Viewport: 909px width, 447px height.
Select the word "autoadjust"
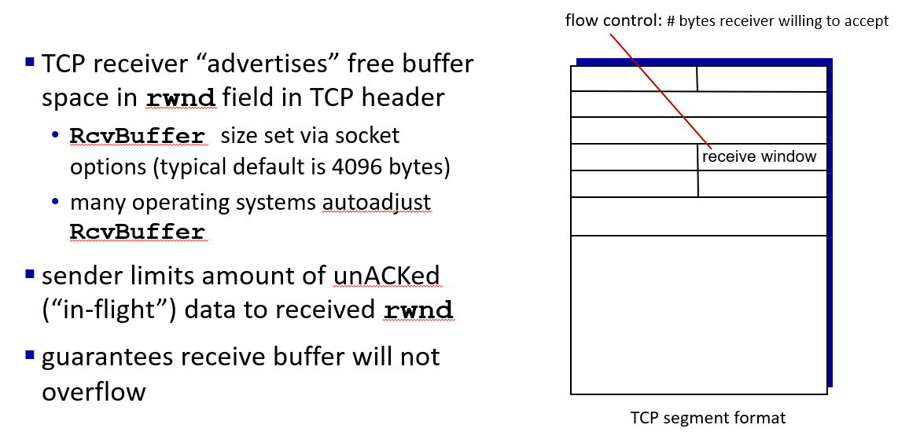click(x=377, y=202)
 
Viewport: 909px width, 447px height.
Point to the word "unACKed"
click(x=387, y=276)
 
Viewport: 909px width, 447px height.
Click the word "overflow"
click(x=94, y=391)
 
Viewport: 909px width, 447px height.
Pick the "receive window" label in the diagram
click(x=759, y=156)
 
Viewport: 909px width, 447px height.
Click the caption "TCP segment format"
click(x=708, y=418)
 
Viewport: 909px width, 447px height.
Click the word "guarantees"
click(x=107, y=357)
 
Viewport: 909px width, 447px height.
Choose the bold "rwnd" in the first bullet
click(x=181, y=97)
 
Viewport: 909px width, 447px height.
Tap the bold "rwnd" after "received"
click(x=418, y=310)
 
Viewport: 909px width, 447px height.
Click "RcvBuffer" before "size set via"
click(x=138, y=136)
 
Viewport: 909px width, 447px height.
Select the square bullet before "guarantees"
click(x=30, y=354)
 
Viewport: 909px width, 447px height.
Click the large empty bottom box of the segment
click(x=698, y=315)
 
